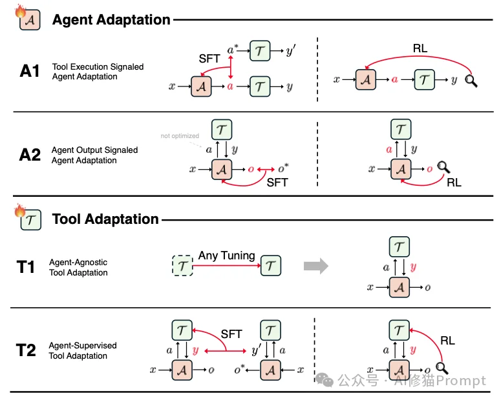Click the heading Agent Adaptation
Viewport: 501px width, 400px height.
(111, 20)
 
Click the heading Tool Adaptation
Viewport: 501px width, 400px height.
(105, 219)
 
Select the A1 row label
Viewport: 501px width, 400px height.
(30, 72)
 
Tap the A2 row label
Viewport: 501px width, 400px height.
(30, 155)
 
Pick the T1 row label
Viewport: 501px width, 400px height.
(26, 267)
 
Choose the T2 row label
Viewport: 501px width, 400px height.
(26, 350)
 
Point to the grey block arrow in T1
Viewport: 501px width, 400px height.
(315, 265)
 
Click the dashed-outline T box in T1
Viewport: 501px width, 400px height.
(183, 266)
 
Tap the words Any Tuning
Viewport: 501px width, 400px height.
(226, 256)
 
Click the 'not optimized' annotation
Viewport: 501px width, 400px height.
(180, 136)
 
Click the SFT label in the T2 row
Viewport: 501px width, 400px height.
(231, 334)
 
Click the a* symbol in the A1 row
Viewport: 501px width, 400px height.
(233, 50)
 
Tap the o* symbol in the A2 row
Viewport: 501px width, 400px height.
(282, 168)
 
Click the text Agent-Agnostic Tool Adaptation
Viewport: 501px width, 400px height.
(78, 268)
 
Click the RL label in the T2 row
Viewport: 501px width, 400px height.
(447, 340)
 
